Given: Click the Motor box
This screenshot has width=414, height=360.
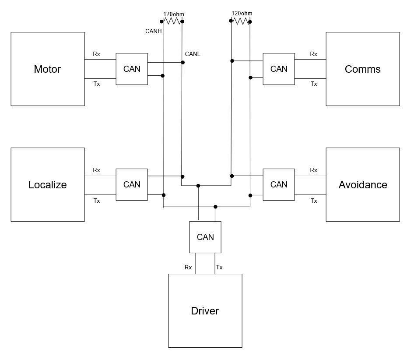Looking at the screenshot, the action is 48,69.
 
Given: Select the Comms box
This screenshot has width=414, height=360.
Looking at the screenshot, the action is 363,69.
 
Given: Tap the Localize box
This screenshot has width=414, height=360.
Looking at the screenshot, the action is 48,184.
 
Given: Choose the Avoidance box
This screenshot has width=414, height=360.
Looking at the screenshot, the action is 363,184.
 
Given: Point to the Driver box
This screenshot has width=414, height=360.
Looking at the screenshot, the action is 205,311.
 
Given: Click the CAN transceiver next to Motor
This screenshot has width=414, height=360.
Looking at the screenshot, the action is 132,69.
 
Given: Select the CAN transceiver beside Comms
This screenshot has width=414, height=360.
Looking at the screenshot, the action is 279,69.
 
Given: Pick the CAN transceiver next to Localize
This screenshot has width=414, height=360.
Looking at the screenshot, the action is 132,184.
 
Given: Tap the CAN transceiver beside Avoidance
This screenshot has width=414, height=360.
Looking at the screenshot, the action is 279,184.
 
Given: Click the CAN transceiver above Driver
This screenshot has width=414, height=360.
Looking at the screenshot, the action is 205,237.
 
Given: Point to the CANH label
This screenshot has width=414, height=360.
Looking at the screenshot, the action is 154,31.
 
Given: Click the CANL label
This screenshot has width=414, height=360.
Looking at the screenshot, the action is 193,54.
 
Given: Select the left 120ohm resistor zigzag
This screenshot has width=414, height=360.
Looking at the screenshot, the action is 172,21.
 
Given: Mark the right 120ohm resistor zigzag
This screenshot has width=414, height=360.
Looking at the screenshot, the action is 241,21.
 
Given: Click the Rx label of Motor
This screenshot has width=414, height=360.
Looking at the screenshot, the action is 96,54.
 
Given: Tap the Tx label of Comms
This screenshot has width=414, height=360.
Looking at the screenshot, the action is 314,84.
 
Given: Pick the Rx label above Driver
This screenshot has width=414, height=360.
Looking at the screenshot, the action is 188,267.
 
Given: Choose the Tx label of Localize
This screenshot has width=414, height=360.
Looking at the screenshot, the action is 97,201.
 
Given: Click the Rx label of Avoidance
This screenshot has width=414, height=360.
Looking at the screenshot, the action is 313,170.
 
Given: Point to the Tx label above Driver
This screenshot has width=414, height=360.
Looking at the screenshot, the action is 219,267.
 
